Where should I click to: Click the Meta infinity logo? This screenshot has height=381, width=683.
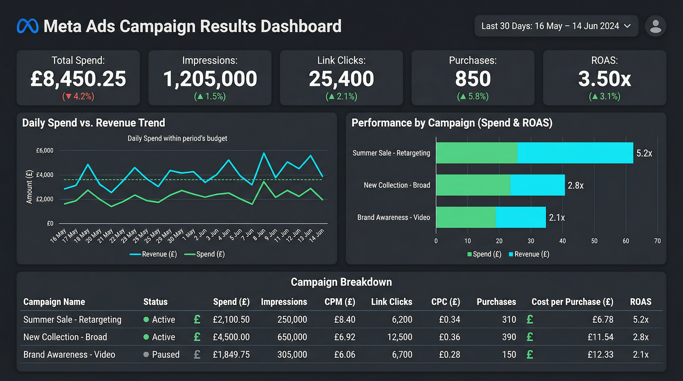click(x=28, y=26)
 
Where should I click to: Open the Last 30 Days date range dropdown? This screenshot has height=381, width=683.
click(x=556, y=26)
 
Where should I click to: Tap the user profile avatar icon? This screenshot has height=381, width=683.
click(x=655, y=26)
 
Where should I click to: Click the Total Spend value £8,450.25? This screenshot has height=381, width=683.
click(x=78, y=79)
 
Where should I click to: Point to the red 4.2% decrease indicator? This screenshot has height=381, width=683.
click(x=78, y=96)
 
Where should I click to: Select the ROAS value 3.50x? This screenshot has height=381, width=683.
click(x=604, y=79)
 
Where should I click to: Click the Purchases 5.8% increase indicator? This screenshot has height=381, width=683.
click(x=473, y=96)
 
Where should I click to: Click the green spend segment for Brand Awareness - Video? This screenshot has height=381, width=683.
click(x=466, y=217)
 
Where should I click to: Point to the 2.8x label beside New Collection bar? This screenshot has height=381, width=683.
click(x=575, y=186)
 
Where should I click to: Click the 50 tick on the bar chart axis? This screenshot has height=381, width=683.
click(x=594, y=241)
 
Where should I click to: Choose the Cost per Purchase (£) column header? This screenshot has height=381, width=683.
click(x=572, y=302)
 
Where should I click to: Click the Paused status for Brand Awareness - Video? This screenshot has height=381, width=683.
click(x=165, y=354)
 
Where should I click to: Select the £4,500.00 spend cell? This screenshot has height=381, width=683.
click(x=231, y=337)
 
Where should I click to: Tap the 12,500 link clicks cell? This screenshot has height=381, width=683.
click(x=400, y=337)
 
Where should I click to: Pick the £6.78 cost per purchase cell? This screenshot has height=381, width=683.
click(x=603, y=319)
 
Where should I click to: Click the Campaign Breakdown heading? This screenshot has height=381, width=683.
click(x=341, y=282)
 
